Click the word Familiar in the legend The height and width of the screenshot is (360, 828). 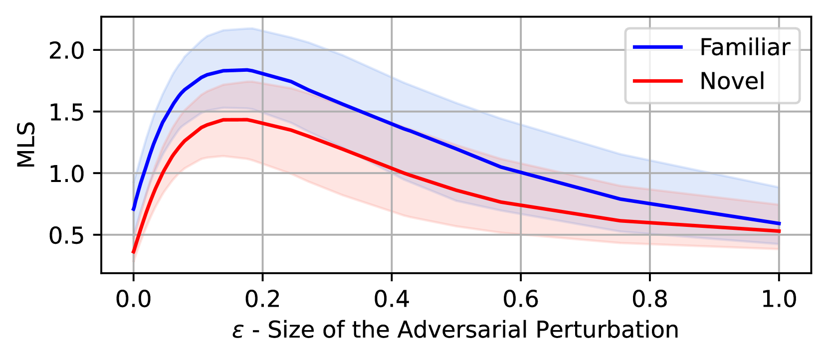click(x=745, y=48)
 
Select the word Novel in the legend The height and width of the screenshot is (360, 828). click(x=732, y=81)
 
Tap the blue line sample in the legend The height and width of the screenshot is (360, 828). click(x=657, y=47)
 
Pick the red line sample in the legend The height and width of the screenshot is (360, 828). click(x=657, y=81)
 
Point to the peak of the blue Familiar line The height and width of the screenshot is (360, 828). click(x=247, y=70)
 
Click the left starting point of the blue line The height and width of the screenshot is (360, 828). click(x=134, y=210)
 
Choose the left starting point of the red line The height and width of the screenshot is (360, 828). click(x=133, y=252)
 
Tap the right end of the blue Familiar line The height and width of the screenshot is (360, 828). click(x=779, y=223)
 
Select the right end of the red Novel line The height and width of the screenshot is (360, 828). click(x=779, y=231)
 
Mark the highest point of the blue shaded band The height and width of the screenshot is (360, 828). click(x=251, y=28)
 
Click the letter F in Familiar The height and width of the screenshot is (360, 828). click(x=705, y=48)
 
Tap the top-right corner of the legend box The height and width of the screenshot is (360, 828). click(x=800, y=29)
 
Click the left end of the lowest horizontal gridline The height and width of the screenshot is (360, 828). click(x=103, y=234)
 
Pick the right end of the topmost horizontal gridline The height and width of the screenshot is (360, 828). click(x=809, y=50)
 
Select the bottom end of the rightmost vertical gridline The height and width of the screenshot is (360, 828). click(x=779, y=271)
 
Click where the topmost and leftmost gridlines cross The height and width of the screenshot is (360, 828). click(x=133, y=50)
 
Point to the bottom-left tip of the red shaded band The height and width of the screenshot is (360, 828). click(x=134, y=263)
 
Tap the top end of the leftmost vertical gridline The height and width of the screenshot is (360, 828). click(x=133, y=18)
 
